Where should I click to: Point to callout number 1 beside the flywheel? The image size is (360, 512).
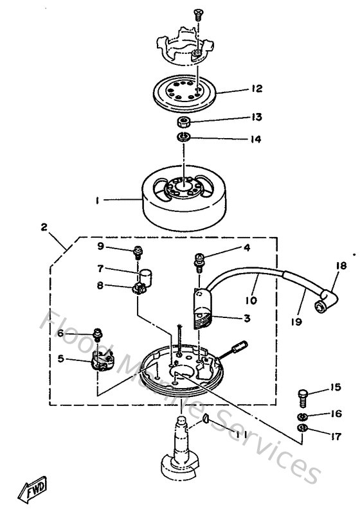98,201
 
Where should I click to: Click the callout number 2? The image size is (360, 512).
44,227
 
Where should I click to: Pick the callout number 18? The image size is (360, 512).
341,265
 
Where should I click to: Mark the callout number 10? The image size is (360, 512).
250,300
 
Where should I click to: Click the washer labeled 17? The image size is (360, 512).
303,428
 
